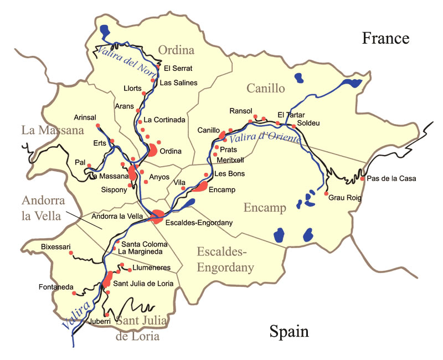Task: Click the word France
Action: (x=385, y=38)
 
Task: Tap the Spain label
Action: (x=289, y=331)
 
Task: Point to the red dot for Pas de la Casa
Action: (x=362, y=178)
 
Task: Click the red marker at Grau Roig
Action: (x=326, y=193)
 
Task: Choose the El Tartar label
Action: (x=288, y=115)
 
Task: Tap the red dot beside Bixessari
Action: (x=71, y=253)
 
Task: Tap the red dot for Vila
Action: (x=183, y=188)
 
